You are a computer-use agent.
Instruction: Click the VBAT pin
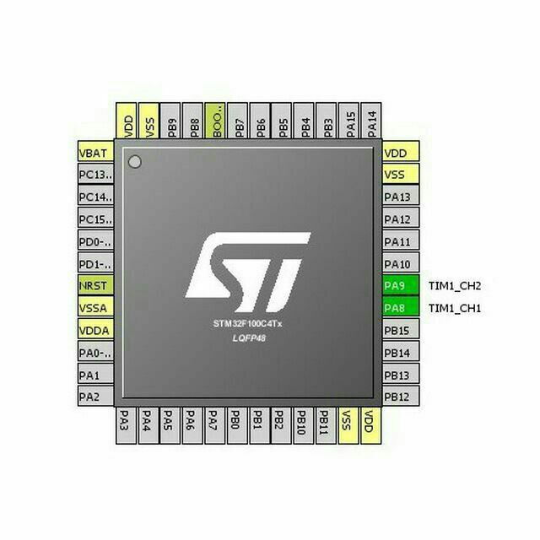pos(95,151)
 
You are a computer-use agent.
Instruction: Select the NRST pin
pos(95,285)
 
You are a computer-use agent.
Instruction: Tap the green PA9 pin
pos(401,285)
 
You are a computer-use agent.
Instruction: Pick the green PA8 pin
pos(401,307)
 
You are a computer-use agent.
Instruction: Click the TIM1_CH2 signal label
pos(455,286)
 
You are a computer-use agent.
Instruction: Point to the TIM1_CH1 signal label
pos(455,308)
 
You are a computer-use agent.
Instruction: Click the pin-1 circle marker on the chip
pos(135,161)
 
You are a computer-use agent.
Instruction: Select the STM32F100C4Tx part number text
pos(247,324)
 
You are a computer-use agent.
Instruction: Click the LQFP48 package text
pos(249,338)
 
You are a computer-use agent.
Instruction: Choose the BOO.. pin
pos(215,121)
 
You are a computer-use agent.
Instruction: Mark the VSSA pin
pos(95,307)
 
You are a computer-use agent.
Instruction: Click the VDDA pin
pos(95,330)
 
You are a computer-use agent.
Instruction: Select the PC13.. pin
pos(95,174)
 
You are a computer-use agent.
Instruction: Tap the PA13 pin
pos(401,196)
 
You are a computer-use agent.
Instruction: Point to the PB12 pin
pos(401,396)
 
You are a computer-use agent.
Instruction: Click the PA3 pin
pos(126,425)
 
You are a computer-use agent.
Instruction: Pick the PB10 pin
pos(304,425)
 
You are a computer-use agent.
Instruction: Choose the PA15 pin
pos(348,121)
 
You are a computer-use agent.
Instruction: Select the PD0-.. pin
pos(95,240)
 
